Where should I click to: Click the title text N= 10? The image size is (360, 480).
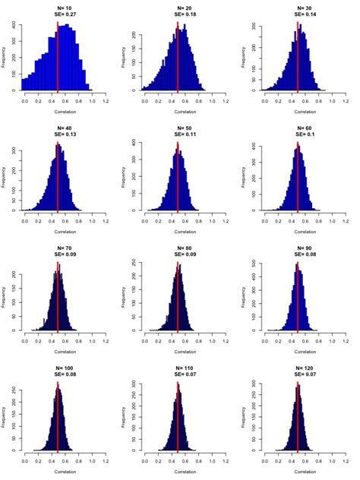point(58,7)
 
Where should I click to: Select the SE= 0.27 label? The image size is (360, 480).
point(58,14)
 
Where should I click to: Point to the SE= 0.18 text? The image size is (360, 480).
point(178,14)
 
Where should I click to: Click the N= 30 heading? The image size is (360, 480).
point(298,7)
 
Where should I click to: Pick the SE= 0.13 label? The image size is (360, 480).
point(58,134)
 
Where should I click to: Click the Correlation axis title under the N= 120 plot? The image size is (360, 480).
point(298,472)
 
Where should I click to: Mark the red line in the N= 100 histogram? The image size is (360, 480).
point(58,418)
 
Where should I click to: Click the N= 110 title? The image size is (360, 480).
point(178,368)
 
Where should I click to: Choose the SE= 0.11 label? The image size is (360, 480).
point(178,134)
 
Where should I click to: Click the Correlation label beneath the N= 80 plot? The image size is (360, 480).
point(178,352)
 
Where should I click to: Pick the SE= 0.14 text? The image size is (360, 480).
point(298,14)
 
